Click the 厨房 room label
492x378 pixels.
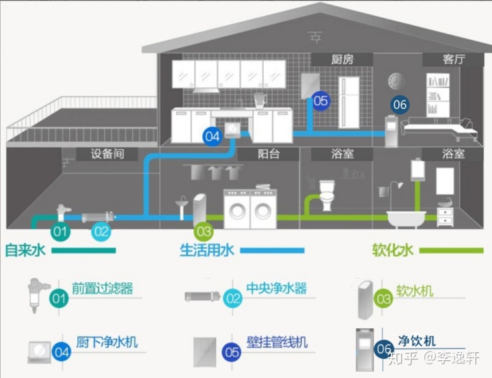pyautogui.click(x=342, y=60)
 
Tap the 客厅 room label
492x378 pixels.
pyautogui.click(x=453, y=60)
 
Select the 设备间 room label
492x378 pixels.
pyautogui.click(x=107, y=154)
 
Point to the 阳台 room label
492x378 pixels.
pyautogui.click(x=269, y=154)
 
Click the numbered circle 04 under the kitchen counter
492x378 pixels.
pyautogui.click(x=213, y=136)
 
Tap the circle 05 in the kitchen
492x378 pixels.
pyautogui.click(x=320, y=101)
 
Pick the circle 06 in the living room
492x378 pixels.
pyautogui.click(x=400, y=105)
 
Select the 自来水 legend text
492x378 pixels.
pyautogui.click(x=25, y=250)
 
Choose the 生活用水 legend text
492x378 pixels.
pyautogui.click(x=207, y=250)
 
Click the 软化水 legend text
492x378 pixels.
pyautogui.click(x=393, y=250)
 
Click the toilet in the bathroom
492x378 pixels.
pyautogui.click(x=327, y=195)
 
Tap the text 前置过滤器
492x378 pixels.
pyautogui.click(x=102, y=288)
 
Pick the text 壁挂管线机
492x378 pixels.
pyautogui.click(x=277, y=341)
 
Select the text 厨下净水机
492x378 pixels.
pyautogui.click(x=107, y=341)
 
